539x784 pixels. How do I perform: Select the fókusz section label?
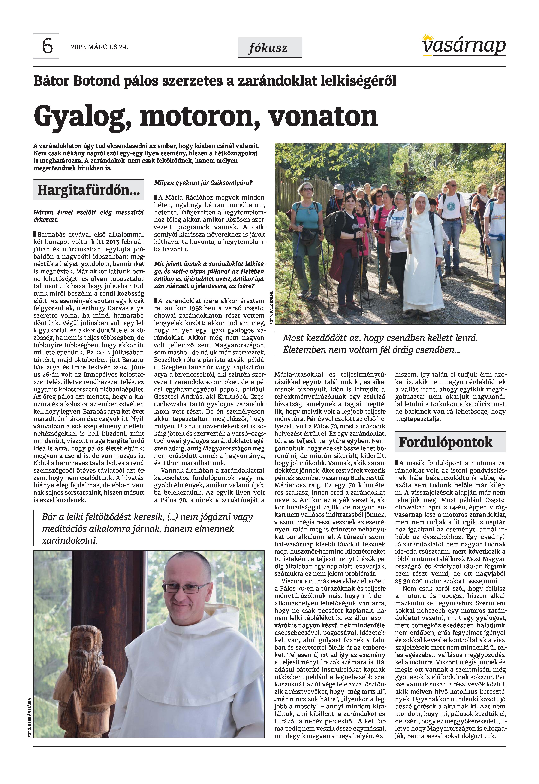269,48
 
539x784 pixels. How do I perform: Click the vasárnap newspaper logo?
464,46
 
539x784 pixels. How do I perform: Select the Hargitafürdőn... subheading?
88,190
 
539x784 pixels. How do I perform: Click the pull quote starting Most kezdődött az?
380,344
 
